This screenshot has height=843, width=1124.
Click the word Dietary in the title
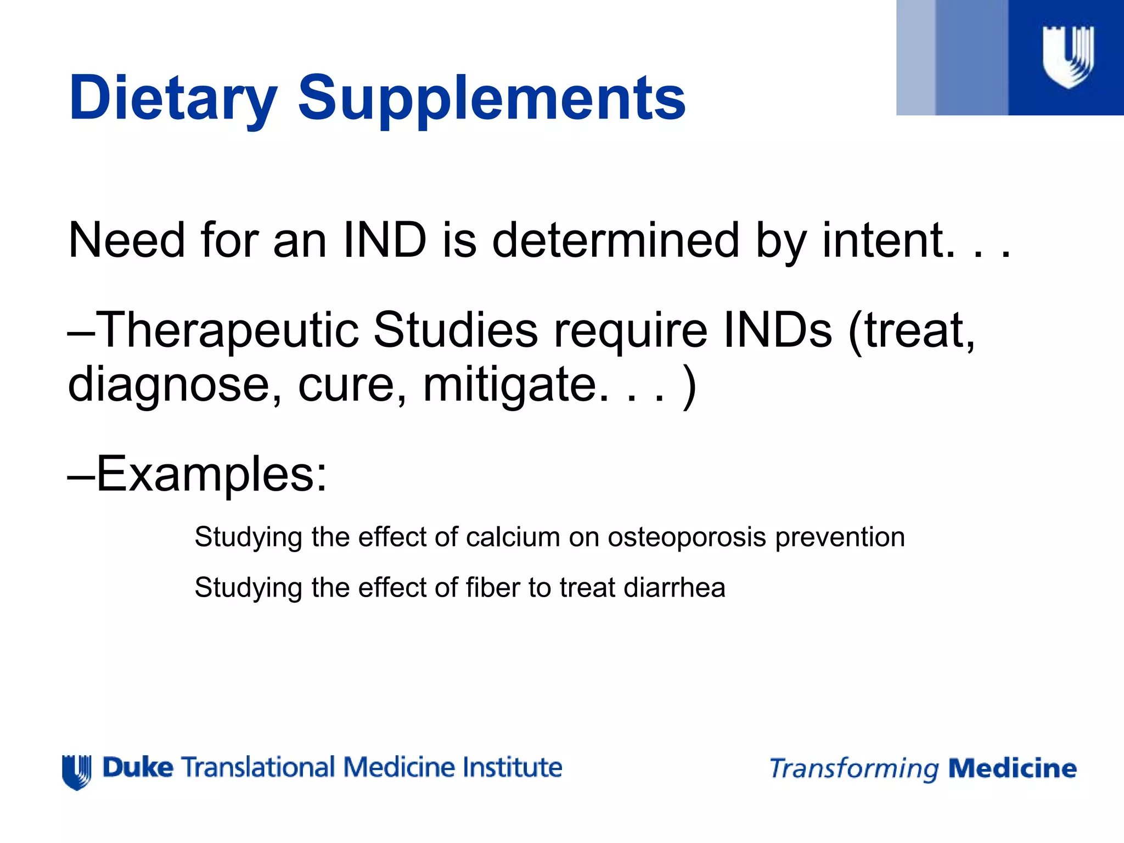click(x=172, y=99)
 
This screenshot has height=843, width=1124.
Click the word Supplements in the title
click(x=491, y=99)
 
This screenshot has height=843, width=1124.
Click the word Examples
click(x=211, y=474)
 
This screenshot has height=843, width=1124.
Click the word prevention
click(x=840, y=537)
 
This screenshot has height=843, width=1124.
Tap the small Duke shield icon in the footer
click(x=76, y=772)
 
